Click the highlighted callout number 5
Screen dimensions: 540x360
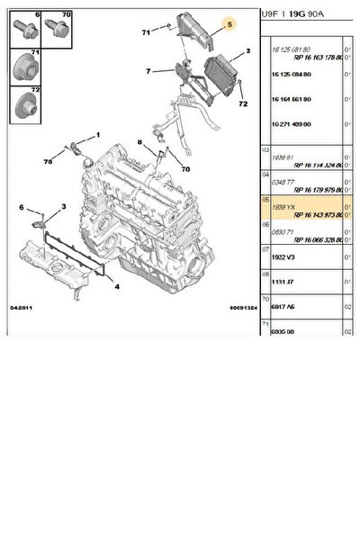point(229,23)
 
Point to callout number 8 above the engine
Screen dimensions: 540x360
point(139,142)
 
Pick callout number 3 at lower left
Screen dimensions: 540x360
point(62,207)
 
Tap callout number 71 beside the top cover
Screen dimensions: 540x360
point(145,32)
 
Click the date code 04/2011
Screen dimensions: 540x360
point(22,308)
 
